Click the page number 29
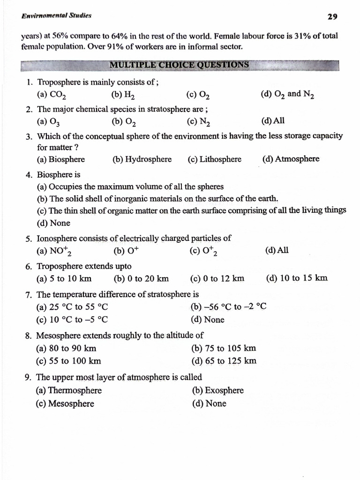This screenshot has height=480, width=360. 332,17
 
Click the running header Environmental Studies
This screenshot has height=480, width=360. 56,15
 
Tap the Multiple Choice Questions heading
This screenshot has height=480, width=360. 179,65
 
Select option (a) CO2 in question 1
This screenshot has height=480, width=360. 51,95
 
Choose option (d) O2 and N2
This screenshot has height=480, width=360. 287,94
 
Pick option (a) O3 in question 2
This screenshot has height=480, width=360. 48,121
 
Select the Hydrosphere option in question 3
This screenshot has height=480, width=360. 142,159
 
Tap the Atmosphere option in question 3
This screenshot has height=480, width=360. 291,159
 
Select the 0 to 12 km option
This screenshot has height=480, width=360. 217,278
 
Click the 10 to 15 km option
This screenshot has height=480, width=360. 297,278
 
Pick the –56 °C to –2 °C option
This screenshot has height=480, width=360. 229,307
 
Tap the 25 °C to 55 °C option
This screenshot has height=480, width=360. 72,307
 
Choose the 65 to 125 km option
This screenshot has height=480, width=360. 224,361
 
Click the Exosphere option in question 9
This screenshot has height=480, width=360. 218,390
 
